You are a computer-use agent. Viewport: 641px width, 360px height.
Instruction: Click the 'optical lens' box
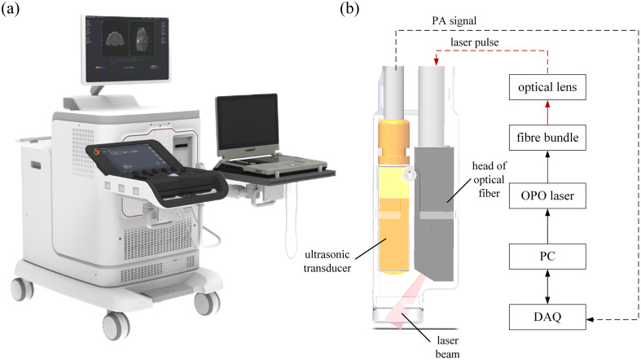pos(547,86)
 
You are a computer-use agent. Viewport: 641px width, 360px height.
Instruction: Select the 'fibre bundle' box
pos(547,138)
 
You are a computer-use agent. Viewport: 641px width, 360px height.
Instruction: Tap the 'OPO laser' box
pos(547,195)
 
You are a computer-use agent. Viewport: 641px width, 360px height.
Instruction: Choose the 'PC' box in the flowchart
pos(547,257)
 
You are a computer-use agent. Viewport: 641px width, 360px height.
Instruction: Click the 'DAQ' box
pos(547,314)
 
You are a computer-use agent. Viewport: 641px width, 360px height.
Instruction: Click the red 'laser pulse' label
pos(477,42)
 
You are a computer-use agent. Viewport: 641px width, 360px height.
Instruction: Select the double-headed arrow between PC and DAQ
pos(547,286)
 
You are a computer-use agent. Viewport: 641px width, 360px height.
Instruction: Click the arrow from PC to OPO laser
pos(547,226)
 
